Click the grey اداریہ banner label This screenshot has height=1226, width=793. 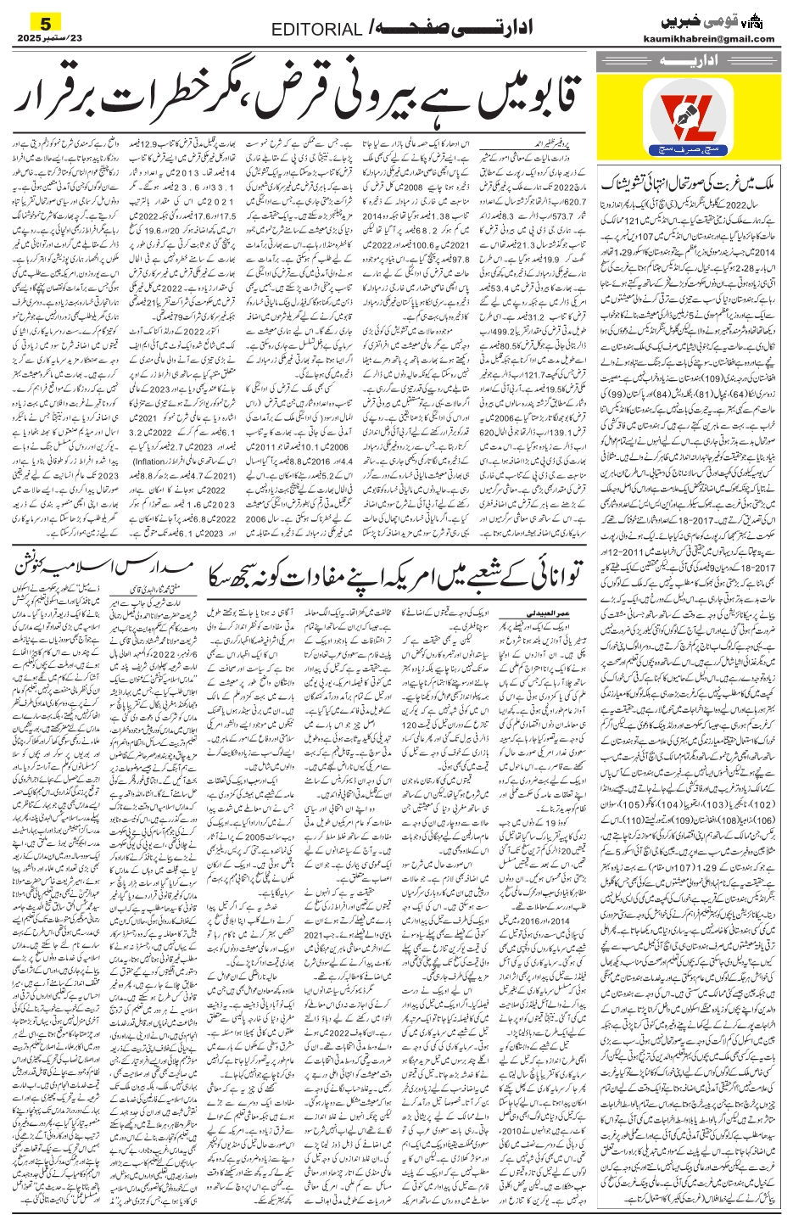685,61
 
